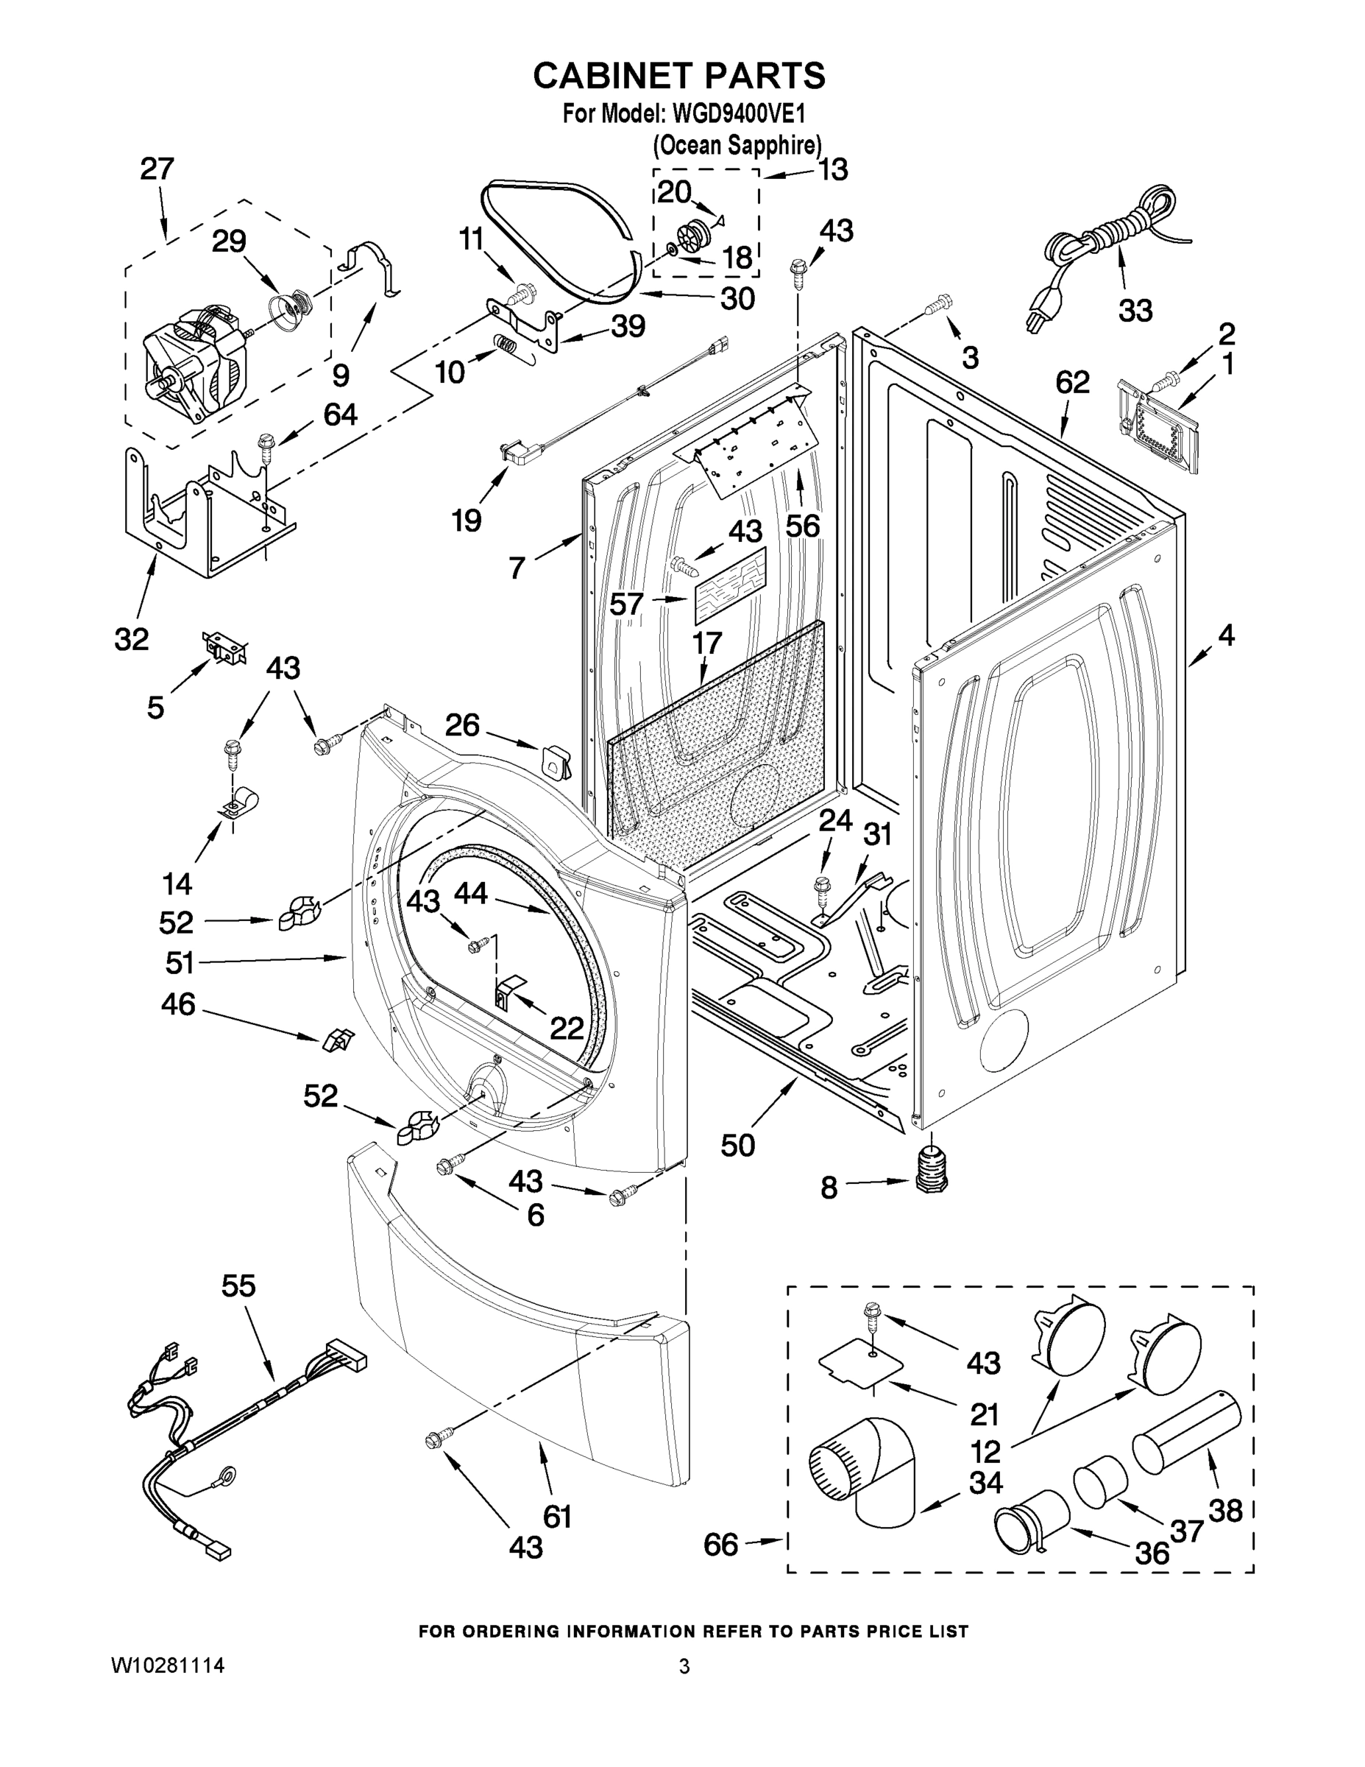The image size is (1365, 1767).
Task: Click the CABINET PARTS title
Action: click(678, 75)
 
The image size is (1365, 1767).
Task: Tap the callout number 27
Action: click(156, 169)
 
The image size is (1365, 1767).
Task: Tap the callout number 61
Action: click(557, 1516)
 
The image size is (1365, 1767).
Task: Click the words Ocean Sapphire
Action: click(737, 146)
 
